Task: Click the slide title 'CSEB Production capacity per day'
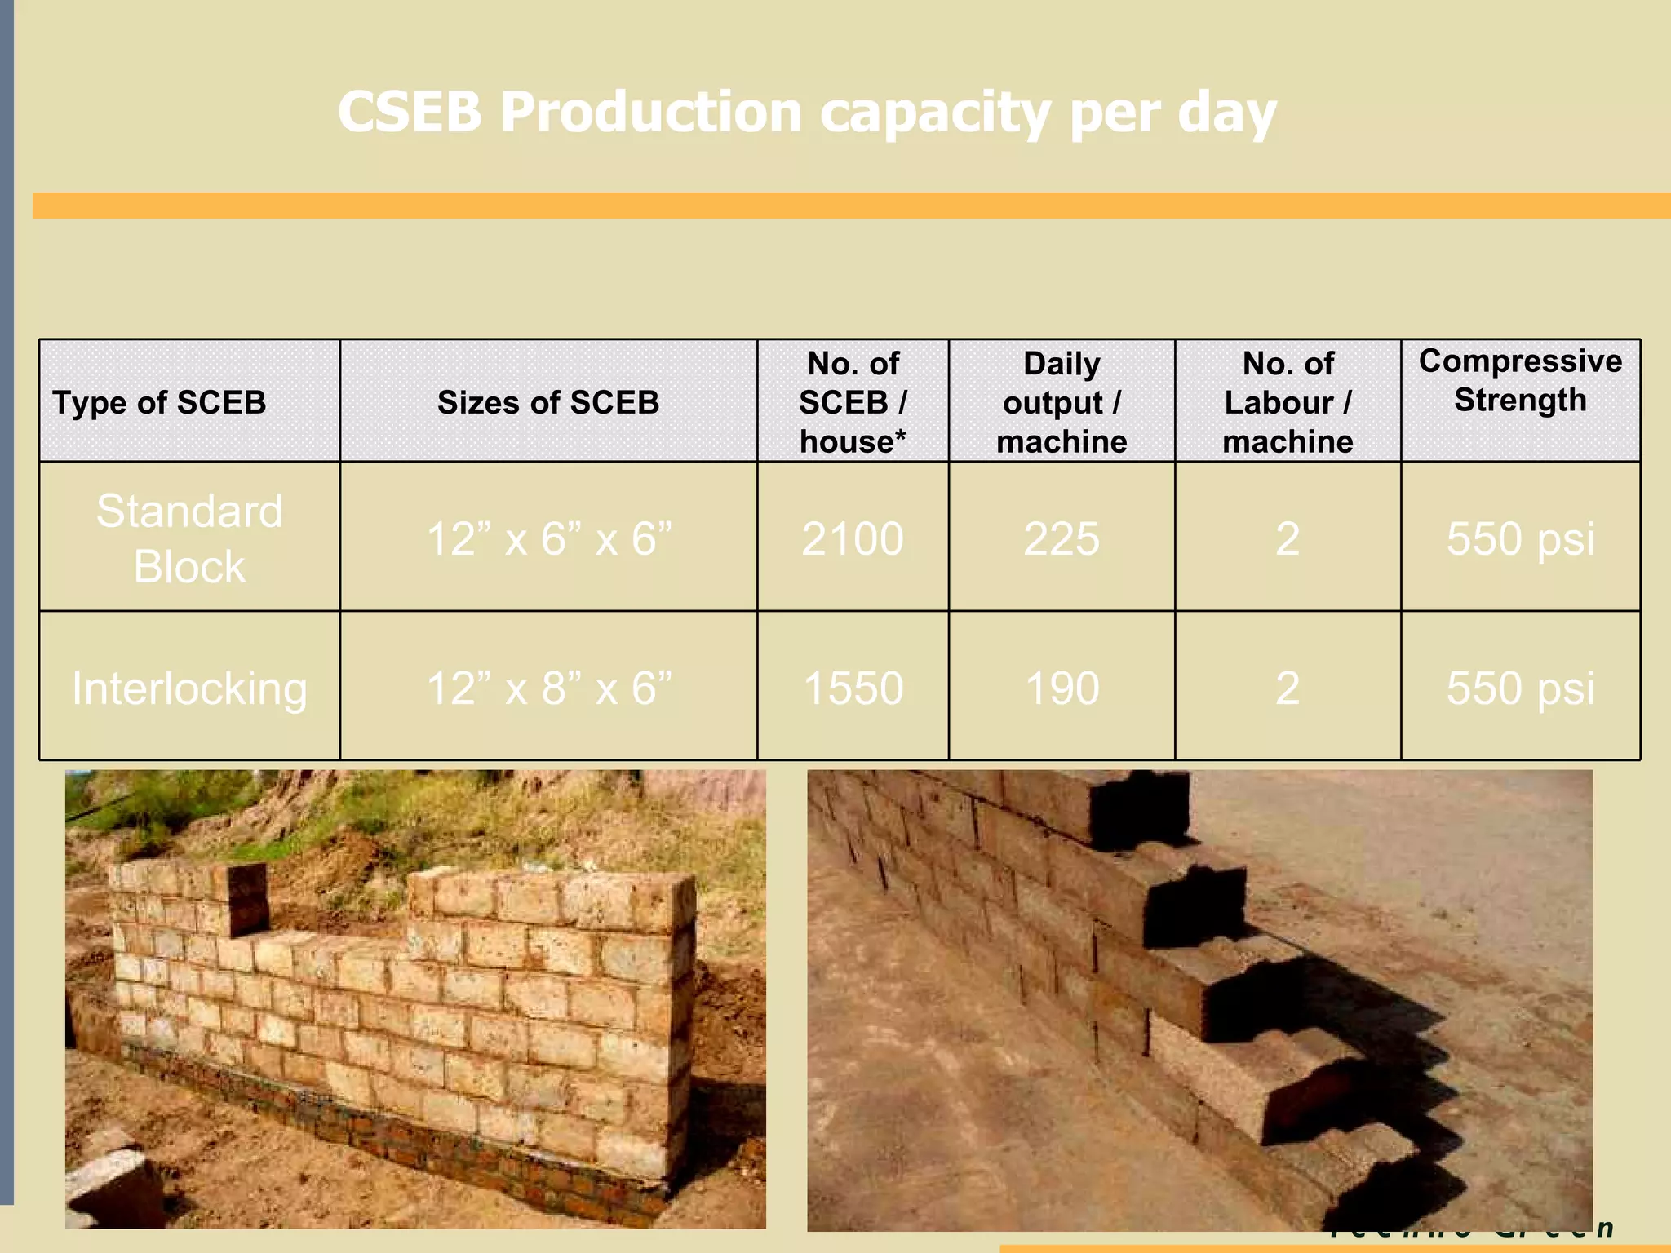806,112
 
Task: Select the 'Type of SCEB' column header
159,402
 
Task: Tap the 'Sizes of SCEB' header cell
548,402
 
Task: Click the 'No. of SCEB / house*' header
853,402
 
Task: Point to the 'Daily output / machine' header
1062,402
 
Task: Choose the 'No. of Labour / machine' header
1288,402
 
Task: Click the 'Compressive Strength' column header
1520,381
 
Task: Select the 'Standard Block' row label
189,538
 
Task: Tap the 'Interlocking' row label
189,688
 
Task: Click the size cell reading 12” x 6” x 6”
548,538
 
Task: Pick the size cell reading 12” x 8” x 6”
548,688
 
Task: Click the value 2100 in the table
853,538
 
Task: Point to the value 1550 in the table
853,688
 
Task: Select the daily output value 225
1062,538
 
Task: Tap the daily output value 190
1062,688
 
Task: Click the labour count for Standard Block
1288,538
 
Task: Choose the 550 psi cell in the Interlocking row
1520,688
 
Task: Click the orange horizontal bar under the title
849,206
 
